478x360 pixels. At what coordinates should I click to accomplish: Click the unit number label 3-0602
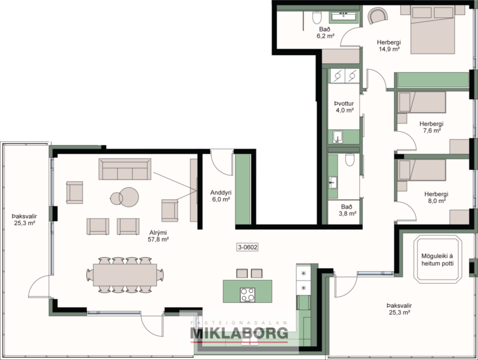click(x=248, y=247)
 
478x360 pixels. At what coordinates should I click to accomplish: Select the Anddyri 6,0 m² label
click(x=222, y=196)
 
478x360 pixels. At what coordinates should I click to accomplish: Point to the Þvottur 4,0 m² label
click(x=344, y=107)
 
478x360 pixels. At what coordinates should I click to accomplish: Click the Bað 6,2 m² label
click(x=325, y=32)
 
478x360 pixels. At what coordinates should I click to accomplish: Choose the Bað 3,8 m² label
click(x=347, y=210)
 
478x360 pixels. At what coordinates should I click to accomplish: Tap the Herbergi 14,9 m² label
click(x=389, y=45)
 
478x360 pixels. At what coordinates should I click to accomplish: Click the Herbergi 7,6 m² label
click(x=431, y=127)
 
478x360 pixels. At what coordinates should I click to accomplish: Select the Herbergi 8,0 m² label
click(x=434, y=197)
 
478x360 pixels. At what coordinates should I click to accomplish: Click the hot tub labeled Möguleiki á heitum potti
click(x=437, y=259)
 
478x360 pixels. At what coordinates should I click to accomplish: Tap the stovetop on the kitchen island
click(x=248, y=295)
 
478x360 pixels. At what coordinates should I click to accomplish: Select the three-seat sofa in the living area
click(x=124, y=169)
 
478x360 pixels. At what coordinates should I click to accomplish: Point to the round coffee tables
click(x=124, y=196)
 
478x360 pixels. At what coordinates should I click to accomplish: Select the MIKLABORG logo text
click(x=239, y=333)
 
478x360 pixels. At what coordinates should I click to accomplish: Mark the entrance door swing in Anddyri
click(x=221, y=160)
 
